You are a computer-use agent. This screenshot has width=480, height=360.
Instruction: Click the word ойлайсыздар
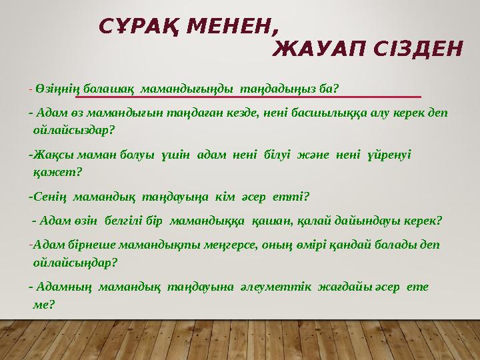pyautogui.click(x=70, y=129)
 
